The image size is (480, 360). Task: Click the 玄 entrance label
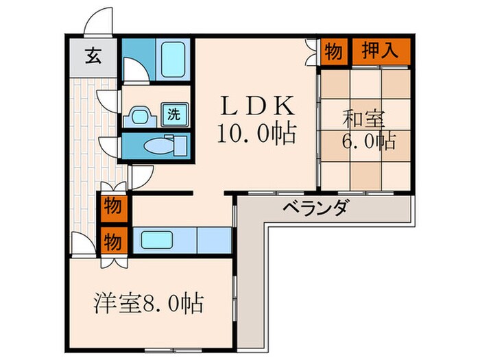[x=93, y=56]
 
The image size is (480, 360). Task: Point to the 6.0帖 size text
[x=368, y=142]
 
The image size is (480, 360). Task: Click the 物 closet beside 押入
[x=333, y=52]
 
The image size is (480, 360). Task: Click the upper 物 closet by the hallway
[x=112, y=205]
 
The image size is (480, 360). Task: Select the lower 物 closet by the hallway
[x=112, y=241]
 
